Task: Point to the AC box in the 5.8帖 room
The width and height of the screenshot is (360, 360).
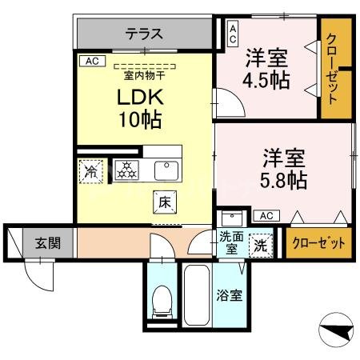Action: pos(266,215)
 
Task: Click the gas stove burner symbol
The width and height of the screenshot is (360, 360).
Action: pos(126,170)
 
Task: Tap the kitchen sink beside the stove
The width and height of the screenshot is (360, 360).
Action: pos(166,170)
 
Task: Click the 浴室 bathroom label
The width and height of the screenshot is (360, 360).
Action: pos(230,295)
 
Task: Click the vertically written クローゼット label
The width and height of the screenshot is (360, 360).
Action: pos(335,67)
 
